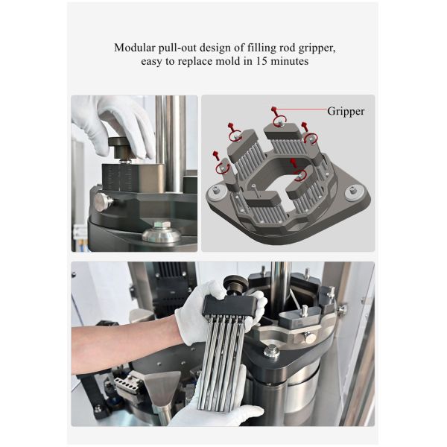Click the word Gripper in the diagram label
click(346, 111)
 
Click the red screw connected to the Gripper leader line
click(274, 110)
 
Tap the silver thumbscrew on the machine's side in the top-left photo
click(103, 202)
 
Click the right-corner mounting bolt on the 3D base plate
click(353, 191)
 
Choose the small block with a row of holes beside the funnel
click(125, 383)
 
